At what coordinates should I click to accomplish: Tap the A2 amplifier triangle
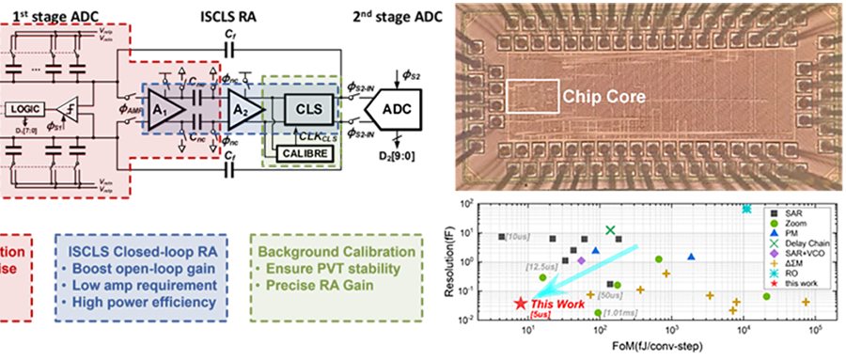240,109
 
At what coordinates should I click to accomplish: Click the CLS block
307,109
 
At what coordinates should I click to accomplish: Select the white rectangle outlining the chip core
533,97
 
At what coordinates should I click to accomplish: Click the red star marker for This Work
521,304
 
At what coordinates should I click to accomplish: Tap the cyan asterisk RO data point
747,209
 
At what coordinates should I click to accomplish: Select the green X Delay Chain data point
611,230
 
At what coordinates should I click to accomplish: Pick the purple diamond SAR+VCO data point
581,260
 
